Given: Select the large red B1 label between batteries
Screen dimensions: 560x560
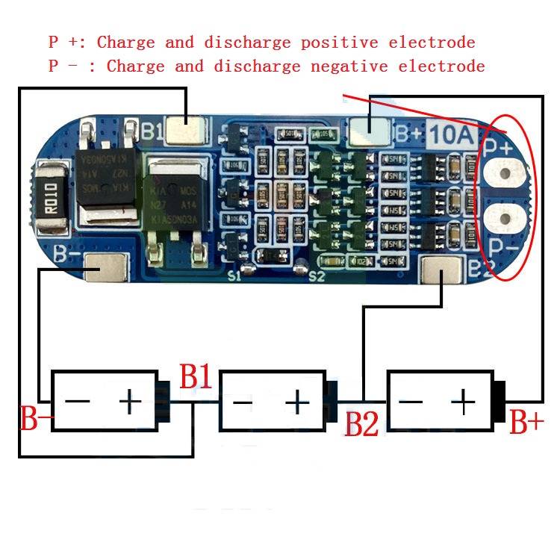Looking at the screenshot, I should click(x=196, y=378).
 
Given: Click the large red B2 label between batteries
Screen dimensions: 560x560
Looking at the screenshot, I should click(x=361, y=424).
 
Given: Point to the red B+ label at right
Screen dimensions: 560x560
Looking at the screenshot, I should click(x=527, y=423).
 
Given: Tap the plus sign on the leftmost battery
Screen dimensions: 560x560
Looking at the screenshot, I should click(x=130, y=402).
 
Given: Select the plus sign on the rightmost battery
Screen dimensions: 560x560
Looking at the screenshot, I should click(x=464, y=402).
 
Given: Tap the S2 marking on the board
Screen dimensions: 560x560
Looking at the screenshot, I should click(x=317, y=276).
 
